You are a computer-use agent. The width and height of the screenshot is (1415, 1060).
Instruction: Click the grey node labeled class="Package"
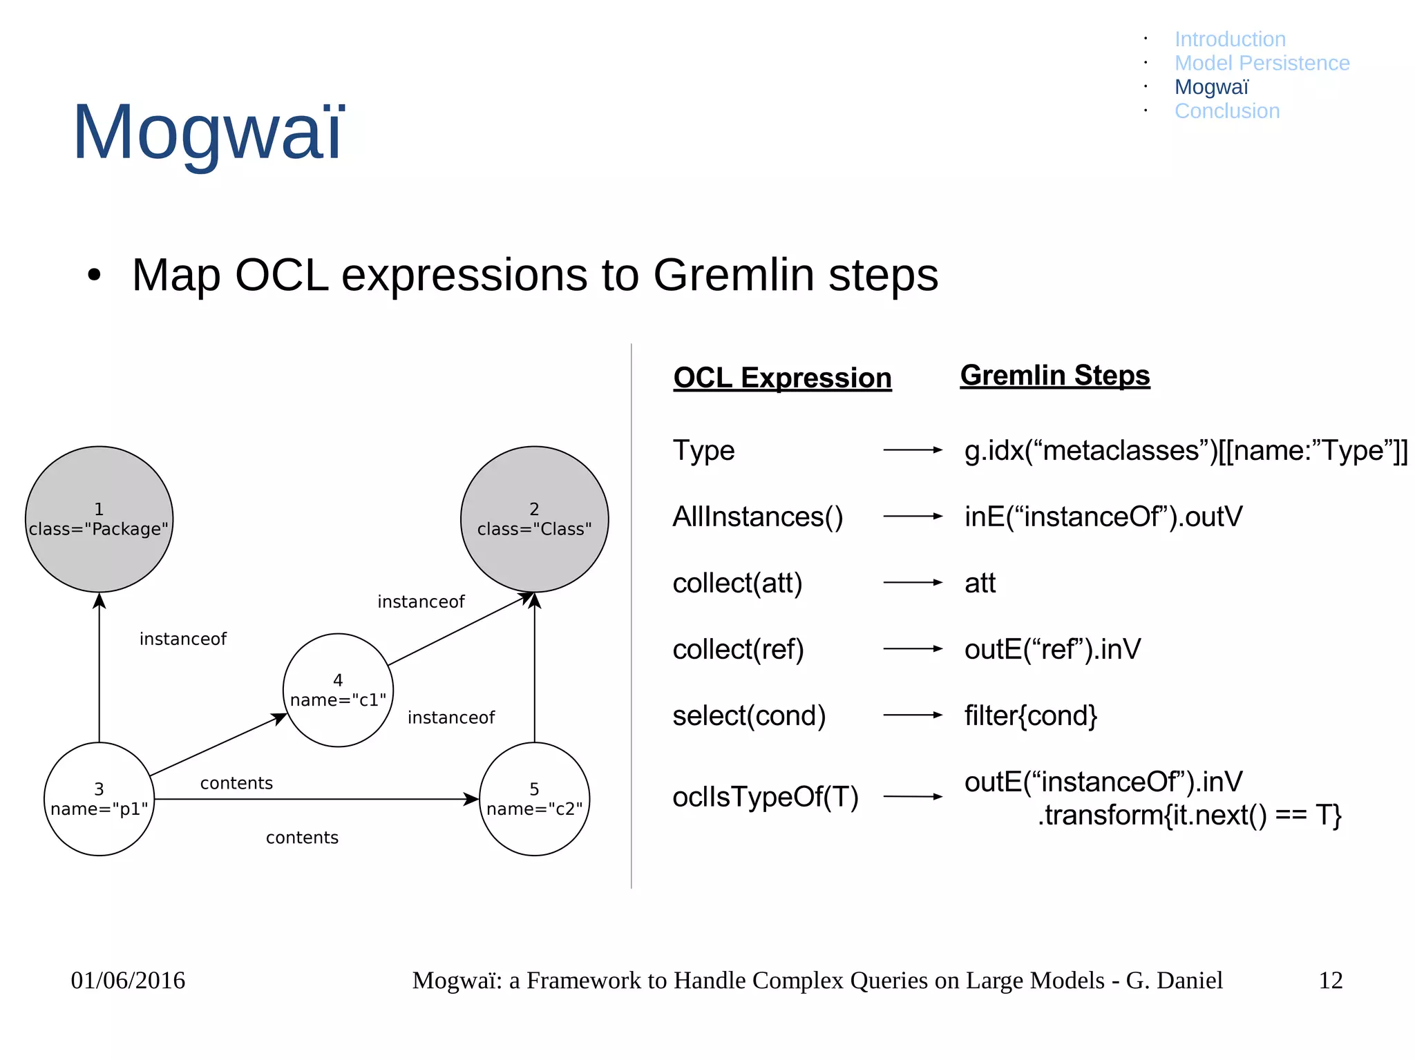pos(99,519)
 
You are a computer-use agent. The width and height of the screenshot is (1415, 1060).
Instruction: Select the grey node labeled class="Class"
pos(534,519)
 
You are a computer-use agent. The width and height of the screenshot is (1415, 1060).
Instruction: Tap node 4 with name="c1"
pos(338,690)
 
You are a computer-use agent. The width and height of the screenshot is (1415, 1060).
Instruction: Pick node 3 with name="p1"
pos(99,799)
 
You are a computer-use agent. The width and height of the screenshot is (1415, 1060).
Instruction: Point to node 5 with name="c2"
pos(534,799)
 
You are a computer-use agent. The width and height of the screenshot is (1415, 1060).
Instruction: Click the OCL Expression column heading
pos(782,378)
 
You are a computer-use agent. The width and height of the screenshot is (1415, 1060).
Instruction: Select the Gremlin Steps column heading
pos(1054,375)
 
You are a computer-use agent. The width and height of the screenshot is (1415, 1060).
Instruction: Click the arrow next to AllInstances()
pos(912,516)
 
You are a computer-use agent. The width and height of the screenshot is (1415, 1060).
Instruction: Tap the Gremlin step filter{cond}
pos(1030,715)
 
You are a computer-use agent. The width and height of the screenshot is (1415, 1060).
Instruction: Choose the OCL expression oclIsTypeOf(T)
pos(765,797)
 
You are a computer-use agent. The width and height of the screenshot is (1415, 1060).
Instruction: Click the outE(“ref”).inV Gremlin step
pos(1052,649)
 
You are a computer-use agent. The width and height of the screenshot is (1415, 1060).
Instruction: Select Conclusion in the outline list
pos(1226,111)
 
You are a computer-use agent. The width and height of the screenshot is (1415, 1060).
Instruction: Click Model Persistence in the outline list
pos(1262,63)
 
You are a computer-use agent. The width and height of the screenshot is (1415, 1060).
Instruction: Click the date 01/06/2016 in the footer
pos(128,980)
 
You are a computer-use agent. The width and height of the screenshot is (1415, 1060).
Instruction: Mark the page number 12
pos(1330,980)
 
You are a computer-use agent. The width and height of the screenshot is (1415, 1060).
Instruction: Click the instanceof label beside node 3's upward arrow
pos(182,639)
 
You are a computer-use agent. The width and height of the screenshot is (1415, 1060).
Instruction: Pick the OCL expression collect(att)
pos(737,583)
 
